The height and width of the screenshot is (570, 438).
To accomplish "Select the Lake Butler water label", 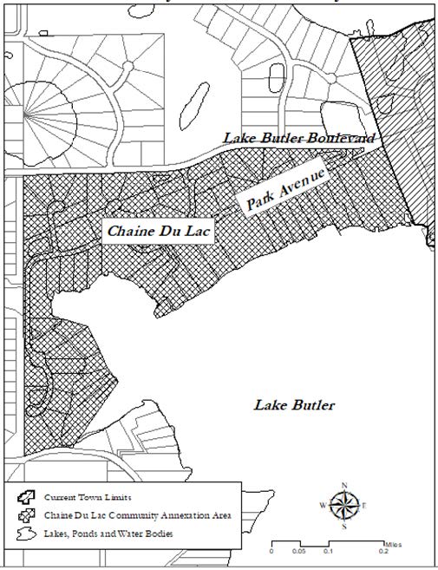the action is click(294, 405).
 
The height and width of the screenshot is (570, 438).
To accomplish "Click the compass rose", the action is click(345, 503).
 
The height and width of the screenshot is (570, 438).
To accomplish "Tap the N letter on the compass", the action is click(345, 485).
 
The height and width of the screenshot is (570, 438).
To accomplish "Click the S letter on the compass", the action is click(345, 524).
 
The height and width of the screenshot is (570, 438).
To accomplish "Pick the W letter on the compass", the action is click(324, 504).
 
